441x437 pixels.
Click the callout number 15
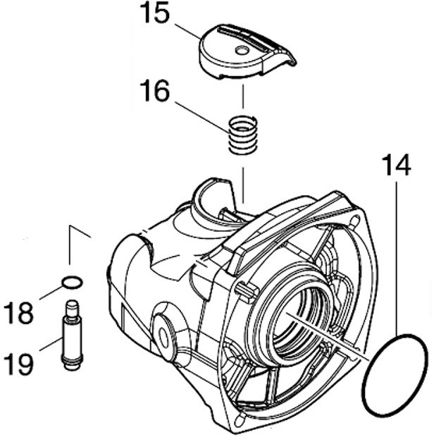154,15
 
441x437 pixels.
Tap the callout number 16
154,92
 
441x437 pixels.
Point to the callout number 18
19,312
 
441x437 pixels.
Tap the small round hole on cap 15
242,50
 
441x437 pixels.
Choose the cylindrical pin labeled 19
71,335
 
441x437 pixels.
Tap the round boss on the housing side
165,331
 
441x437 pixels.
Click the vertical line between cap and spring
242,96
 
